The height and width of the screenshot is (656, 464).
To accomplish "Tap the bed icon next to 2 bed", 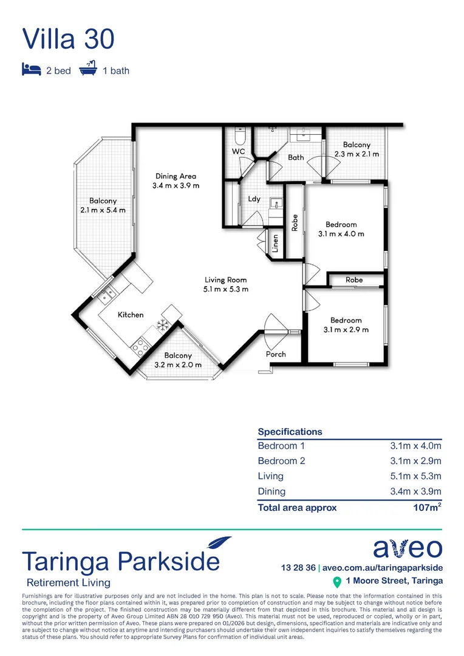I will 31,69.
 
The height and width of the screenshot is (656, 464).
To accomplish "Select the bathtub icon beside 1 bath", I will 89,69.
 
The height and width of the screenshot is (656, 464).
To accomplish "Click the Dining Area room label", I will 175,177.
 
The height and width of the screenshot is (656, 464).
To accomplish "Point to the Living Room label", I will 225,280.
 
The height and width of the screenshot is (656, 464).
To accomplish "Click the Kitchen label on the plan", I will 131,315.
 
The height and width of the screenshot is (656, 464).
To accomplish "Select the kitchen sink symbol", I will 107,295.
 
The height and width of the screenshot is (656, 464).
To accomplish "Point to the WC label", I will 238,151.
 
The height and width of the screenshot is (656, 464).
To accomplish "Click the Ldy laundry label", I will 254,199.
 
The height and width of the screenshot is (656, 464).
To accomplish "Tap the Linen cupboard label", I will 275,244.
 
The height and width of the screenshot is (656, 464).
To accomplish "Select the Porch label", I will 276,354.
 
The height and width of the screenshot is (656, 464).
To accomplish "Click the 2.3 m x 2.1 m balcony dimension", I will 357,154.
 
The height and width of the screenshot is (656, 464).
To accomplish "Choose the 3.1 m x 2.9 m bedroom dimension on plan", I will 346,330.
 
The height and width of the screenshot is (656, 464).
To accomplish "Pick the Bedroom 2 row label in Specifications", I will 281,461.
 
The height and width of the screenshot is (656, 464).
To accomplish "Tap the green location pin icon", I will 337,582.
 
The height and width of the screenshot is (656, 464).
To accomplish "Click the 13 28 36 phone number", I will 298,568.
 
